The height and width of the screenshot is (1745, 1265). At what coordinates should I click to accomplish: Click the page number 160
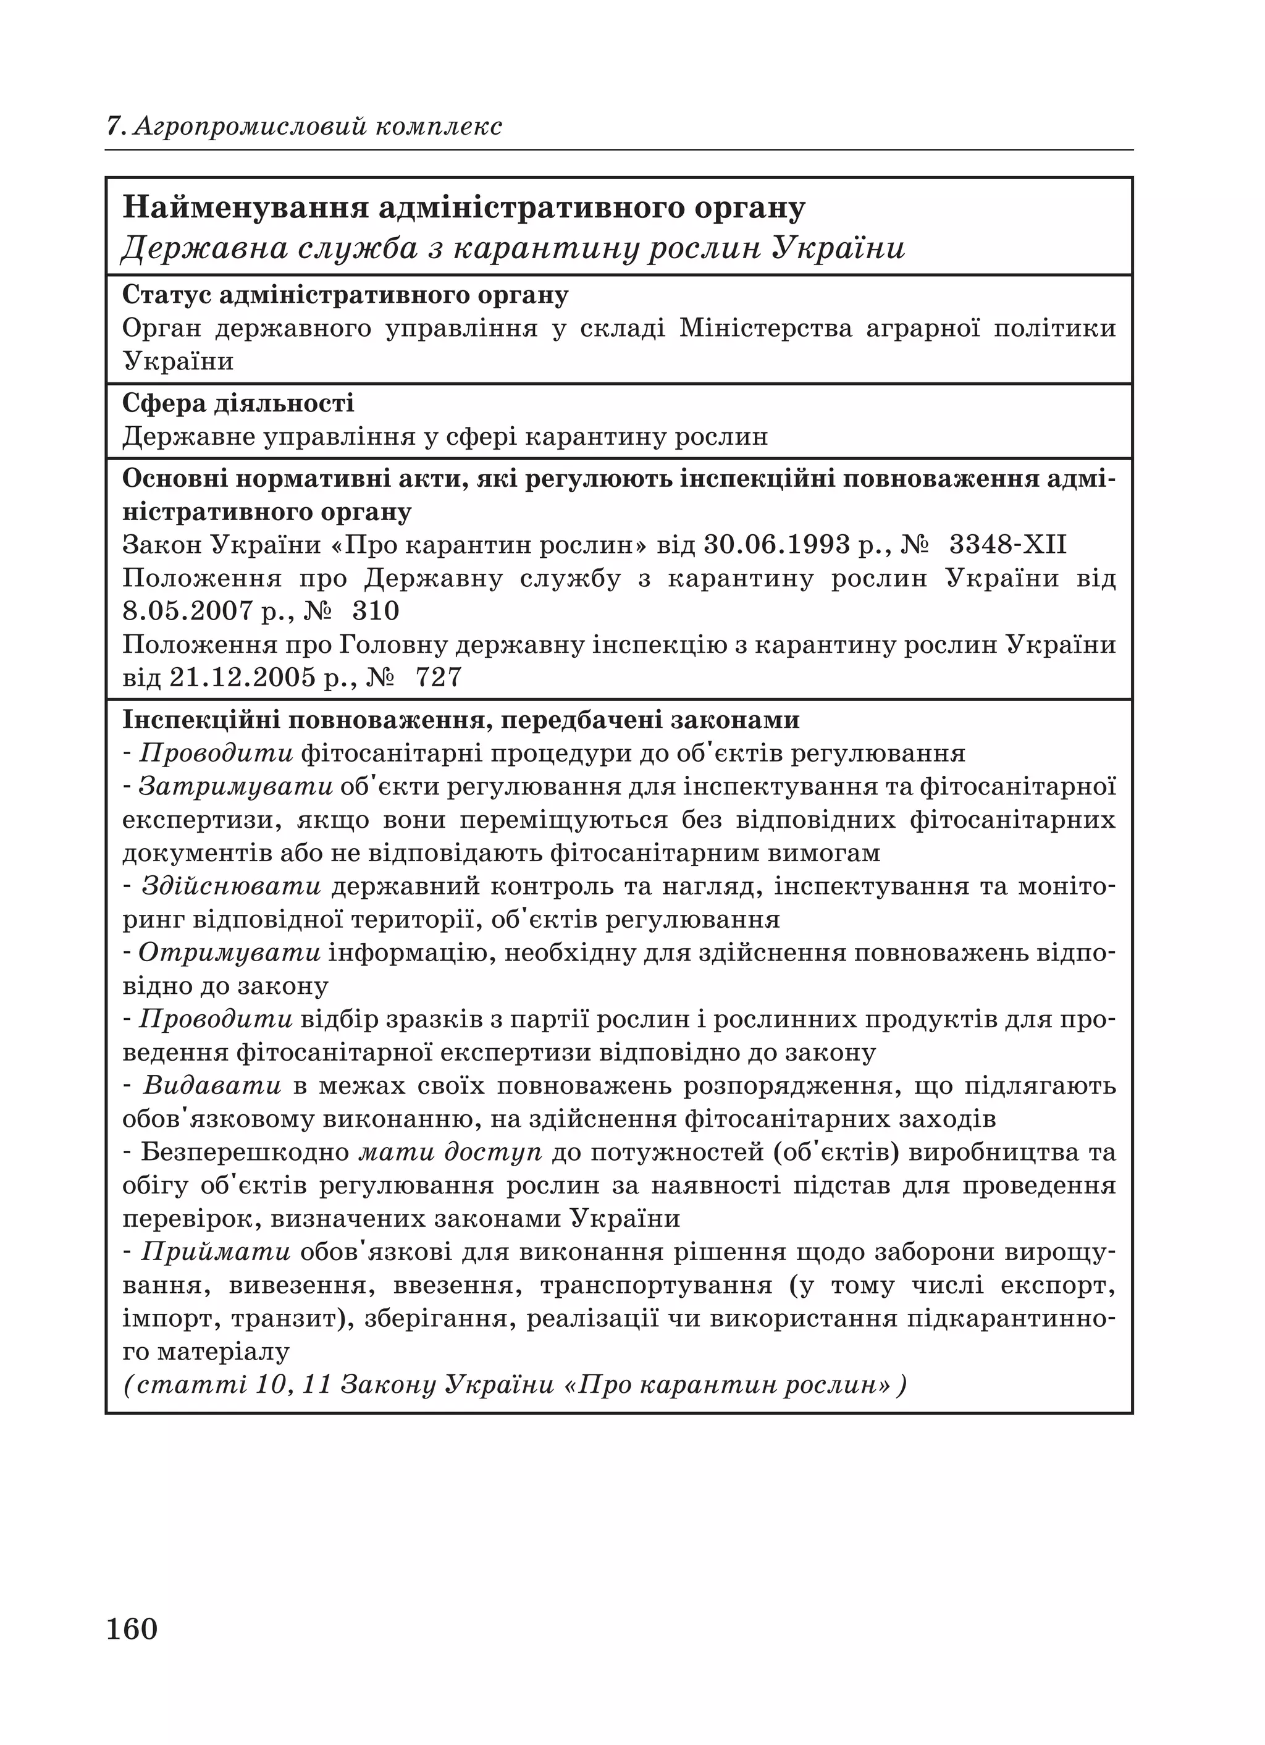pos(132,1629)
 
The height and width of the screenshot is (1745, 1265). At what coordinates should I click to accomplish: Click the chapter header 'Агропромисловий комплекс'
pos(317,126)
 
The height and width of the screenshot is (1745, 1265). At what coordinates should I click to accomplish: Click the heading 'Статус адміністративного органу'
pos(345,295)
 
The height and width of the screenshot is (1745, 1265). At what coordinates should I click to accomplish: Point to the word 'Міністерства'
pos(767,329)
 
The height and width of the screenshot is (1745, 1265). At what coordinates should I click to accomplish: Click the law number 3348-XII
pos(1008,545)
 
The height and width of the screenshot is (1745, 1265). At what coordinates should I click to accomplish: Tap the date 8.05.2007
pos(188,612)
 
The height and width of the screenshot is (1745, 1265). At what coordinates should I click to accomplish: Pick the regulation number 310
pos(376,612)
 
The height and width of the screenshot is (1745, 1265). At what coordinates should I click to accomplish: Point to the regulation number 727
pos(439,678)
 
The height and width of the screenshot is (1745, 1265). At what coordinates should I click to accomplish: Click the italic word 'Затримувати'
pos(235,786)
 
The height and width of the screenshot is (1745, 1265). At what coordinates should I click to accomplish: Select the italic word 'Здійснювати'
pos(232,886)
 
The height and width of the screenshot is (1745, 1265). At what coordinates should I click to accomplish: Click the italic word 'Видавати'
pos(212,1087)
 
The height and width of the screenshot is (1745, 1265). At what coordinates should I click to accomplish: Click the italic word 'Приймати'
pos(216,1253)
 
